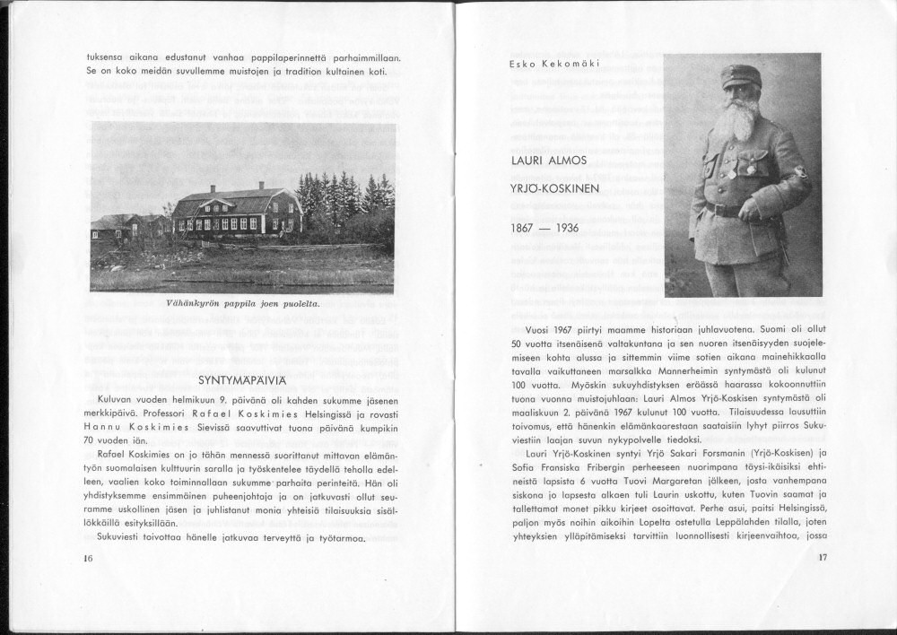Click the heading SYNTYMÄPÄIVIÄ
243,378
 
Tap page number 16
88,558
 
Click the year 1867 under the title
523,228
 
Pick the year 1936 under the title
567,228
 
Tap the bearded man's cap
741,74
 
